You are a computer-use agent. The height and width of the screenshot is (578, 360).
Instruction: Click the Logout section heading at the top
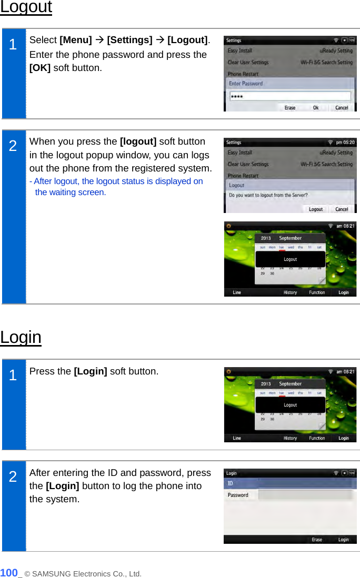click(x=26, y=7)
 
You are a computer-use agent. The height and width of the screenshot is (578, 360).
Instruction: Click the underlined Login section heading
click(x=21, y=337)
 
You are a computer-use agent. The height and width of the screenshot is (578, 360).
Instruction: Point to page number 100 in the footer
click(x=9, y=573)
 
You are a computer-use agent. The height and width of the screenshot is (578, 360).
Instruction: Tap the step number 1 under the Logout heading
click(x=13, y=45)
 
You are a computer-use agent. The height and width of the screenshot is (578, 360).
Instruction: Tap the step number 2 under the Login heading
click(x=13, y=476)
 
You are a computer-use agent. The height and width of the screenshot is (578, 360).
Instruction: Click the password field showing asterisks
click(x=290, y=96)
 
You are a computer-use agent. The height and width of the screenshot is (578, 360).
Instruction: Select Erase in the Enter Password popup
click(x=290, y=108)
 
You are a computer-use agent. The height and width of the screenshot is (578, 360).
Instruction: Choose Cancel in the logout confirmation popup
click(x=342, y=209)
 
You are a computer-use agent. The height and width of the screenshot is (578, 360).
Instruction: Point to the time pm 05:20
click(x=345, y=142)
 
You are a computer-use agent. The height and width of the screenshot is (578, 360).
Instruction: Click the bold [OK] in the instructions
click(x=40, y=68)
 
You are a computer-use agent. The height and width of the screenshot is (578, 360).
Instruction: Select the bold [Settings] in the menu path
click(x=129, y=40)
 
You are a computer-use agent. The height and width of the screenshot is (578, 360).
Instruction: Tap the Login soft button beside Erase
click(x=343, y=540)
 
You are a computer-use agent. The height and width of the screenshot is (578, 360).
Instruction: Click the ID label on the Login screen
click(x=230, y=483)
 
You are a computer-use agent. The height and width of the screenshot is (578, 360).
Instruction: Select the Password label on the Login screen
click(x=238, y=495)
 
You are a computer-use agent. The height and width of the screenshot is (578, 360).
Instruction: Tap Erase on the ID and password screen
click(x=317, y=540)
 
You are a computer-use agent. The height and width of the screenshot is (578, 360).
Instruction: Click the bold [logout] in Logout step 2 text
click(x=138, y=141)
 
